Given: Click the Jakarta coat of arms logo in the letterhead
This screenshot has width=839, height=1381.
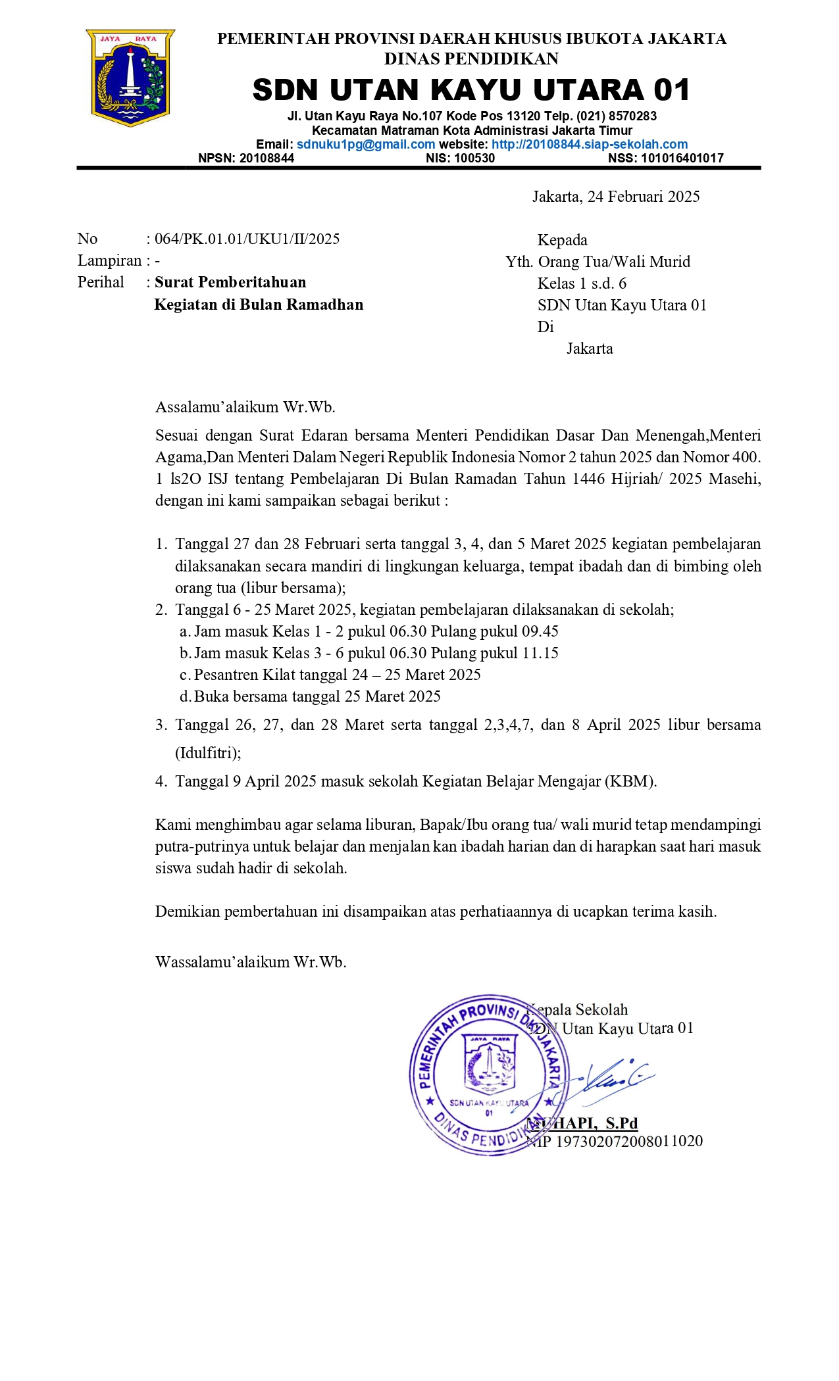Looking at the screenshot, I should (130, 78).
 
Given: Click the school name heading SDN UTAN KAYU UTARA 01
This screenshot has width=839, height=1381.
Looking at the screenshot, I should (471, 90).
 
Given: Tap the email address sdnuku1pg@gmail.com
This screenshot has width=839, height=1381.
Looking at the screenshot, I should (366, 145).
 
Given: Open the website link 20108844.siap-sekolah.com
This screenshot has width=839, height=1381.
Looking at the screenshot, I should (590, 145).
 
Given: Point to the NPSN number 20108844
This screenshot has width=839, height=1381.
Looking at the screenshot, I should (267, 158).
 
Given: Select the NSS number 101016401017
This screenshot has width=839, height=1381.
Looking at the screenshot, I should (682, 158).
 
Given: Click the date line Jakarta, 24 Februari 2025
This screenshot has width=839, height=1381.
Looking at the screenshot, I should (616, 197).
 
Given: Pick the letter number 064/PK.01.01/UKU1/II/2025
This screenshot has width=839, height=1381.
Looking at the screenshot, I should (247, 239).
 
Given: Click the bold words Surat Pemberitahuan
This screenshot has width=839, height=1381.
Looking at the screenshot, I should (230, 283).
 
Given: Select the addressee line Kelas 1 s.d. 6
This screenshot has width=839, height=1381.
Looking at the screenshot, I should (582, 283).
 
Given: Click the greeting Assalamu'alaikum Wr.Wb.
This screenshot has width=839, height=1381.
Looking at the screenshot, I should (245, 407).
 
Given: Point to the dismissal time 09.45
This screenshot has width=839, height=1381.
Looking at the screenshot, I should (540, 632).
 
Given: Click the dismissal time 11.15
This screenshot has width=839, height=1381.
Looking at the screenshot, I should (540, 654).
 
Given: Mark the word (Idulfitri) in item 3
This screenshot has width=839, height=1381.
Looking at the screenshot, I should (208, 754).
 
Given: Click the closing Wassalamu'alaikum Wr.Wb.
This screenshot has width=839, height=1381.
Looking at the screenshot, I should (251, 963).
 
